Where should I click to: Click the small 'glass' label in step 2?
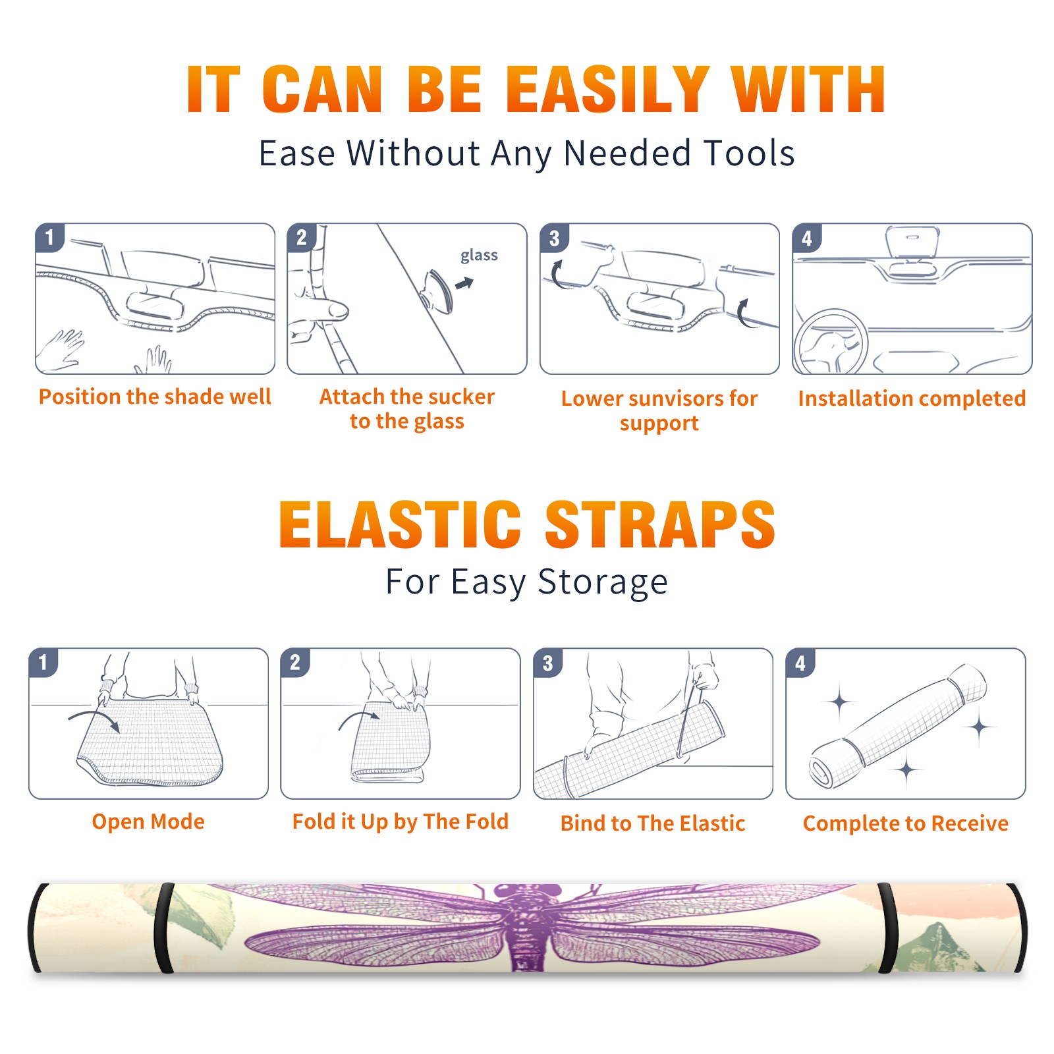(x=479, y=256)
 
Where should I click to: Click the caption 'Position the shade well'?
(x=155, y=397)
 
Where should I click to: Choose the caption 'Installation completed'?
(x=912, y=398)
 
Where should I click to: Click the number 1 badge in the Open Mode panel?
(x=43, y=662)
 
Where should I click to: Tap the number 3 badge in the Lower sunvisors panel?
(x=554, y=238)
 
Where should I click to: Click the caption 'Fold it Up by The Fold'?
(x=401, y=821)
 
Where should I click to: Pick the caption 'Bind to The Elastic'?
(x=653, y=823)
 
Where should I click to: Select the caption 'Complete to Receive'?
(x=906, y=823)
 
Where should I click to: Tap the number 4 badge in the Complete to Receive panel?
(x=800, y=663)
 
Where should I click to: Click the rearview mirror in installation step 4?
(x=912, y=242)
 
